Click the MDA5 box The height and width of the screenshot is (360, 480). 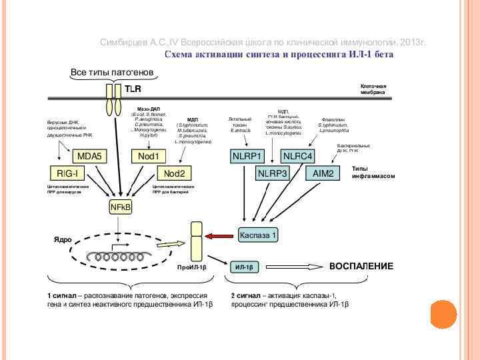pyautogui.click(x=89, y=156)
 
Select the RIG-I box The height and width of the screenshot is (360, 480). pyautogui.click(x=67, y=173)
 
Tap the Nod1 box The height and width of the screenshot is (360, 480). pyautogui.click(x=148, y=156)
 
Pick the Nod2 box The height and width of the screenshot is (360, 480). pyautogui.click(x=175, y=173)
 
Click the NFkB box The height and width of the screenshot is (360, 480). pyautogui.click(x=121, y=208)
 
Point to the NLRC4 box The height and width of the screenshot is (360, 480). pyautogui.click(x=297, y=156)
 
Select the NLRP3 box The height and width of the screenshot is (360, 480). pyautogui.click(x=272, y=173)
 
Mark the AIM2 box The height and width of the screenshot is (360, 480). pyautogui.click(x=323, y=173)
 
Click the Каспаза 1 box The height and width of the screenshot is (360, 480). pyautogui.click(x=257, y=235)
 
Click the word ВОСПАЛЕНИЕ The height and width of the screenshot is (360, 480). pyautogui.click(x=361, y=266)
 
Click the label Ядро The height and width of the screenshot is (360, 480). pyautogui.click(x=63, y=239)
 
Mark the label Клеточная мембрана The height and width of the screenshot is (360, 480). pyautogui.click(x=373, y=90)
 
